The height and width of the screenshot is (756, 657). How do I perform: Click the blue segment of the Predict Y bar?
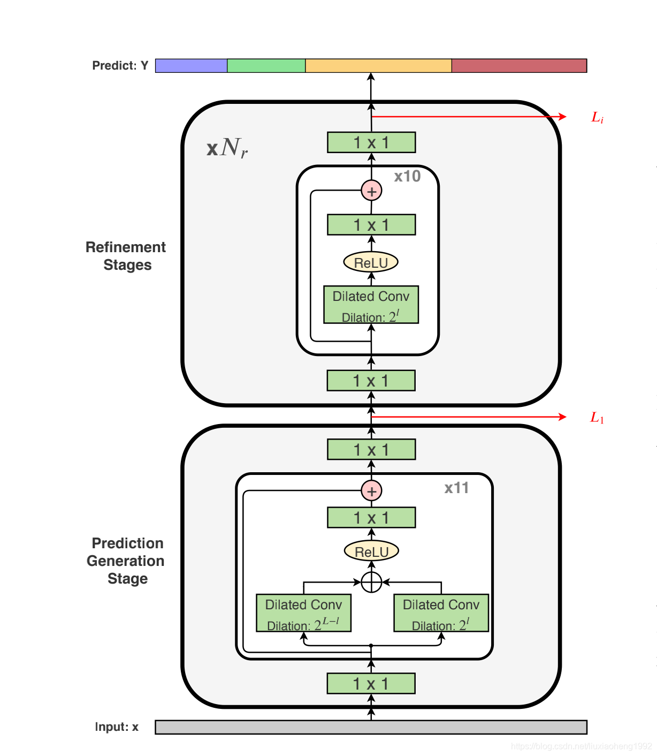tap(191, 66)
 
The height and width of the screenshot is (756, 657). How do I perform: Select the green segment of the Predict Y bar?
tap(266, 66)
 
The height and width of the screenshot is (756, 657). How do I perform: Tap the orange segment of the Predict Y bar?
tap(378, 66)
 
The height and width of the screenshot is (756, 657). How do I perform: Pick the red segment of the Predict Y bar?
tap(519, 66)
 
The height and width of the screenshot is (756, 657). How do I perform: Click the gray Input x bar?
tap(371, 727)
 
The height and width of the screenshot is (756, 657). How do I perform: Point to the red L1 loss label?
tap(597, 418)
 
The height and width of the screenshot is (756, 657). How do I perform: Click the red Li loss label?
tap(597, 117)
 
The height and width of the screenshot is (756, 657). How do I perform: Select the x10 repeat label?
tap(407, 177)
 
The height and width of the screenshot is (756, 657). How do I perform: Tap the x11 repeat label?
tap(456, 488)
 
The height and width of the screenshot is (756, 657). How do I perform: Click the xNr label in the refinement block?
tap(227, 148)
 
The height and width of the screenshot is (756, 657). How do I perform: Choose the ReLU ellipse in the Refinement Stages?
tap(371, 262)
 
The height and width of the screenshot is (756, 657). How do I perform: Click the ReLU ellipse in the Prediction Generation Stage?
tap(371, 551)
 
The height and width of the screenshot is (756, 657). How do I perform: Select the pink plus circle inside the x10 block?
tap(371, 191)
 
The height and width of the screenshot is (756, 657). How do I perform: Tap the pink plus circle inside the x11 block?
tap(371, 490)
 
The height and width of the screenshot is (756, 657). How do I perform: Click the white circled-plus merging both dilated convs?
tap(371, 582)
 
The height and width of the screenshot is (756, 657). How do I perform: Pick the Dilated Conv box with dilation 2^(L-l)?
tap(303, 613)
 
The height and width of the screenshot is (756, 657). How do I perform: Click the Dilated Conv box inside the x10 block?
tap(371, 305)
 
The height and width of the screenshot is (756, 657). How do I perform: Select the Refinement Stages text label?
tap(126, 256)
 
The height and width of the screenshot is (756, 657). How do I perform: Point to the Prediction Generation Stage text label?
tap(126, 561)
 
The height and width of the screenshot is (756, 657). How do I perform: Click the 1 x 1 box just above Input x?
tap(371, 684)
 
